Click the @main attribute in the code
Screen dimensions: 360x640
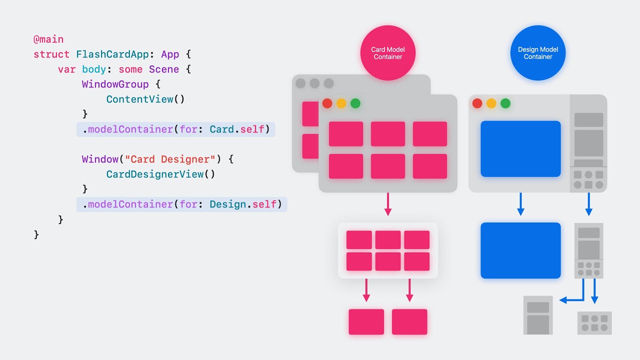pyautogui.click(x=48, y=39)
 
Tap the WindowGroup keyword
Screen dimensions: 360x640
pyautogui.click(x=115, y=84)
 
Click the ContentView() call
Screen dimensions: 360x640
pyautogui.click(x=145, y=99)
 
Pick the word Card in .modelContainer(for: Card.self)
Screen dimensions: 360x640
pyautogui.click(x=221, y=129)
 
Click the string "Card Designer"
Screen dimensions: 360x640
pyautogui.click(x=170, y=159)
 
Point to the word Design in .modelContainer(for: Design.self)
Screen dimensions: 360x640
pyautogui.click(x=227, y=204)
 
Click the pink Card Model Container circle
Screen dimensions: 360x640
pyautogui.click(x=388, y=53)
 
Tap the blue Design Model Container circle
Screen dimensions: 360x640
pyautogui.click(x=538, y=53)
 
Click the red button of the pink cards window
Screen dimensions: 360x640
pyautogui.click(x=327, y=103)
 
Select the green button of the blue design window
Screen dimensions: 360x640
pyautogui.click(x=505, y=103)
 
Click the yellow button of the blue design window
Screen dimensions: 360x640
pyautogui.click(x=491, y=103)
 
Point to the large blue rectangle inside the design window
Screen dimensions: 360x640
pyautogui.click(x=520, y=148)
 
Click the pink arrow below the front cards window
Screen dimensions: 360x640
pyautogui.click(x=388, y=205)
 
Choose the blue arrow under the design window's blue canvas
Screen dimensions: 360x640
pyautogui.click(x=520, y=205)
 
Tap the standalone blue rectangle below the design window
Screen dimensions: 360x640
pyautogui.click(x=520, y=250)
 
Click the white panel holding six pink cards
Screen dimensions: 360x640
pyautogui.click(x=388, y=250)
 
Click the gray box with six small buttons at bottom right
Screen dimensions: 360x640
pyautogui.click(x=594, y=323)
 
